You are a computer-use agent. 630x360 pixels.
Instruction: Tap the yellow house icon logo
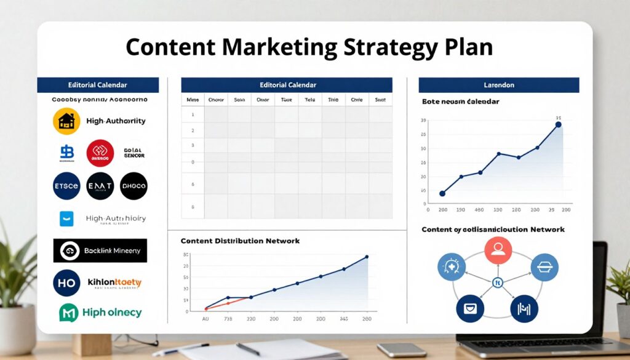(66, 121)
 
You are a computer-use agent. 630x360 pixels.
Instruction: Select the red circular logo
(100, 153)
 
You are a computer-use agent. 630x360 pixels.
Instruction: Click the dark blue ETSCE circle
(66, 186)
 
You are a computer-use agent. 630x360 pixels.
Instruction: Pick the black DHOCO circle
(134, 186)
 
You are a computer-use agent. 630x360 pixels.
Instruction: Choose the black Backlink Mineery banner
(100, 250)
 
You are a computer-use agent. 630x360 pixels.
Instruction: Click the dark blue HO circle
(66, 283)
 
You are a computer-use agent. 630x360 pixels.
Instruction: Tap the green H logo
(67, 313)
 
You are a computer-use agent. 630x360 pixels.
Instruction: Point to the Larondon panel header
(498, 85)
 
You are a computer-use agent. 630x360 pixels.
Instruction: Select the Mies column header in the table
(192, 100)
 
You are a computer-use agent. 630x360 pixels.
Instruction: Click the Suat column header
(380, 100)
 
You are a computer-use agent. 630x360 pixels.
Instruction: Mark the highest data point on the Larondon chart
(558, 124)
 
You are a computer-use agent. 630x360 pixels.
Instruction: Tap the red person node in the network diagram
(498, 250)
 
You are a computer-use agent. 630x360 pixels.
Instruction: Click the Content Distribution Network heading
(240, 241)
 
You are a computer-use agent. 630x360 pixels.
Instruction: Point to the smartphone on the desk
(402, 350)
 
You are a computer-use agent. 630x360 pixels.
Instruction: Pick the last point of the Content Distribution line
(367, 257)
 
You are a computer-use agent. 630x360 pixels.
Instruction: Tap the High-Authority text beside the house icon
(116, 121)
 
